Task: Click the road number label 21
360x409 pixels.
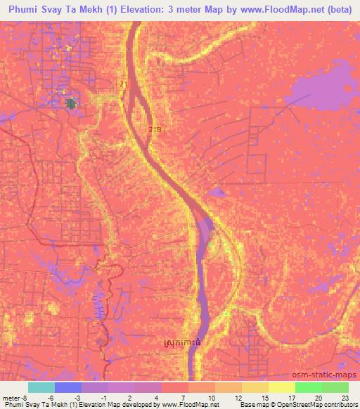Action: [124, 84]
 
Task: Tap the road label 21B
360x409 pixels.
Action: [155, 130]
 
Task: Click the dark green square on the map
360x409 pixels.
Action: [70, 104]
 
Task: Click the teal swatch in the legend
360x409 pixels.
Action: [41, 387]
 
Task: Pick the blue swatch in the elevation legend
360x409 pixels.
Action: [68, 387]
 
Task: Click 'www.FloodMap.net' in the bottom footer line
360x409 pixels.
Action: [193, 405]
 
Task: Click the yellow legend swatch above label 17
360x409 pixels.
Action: [282, 387]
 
